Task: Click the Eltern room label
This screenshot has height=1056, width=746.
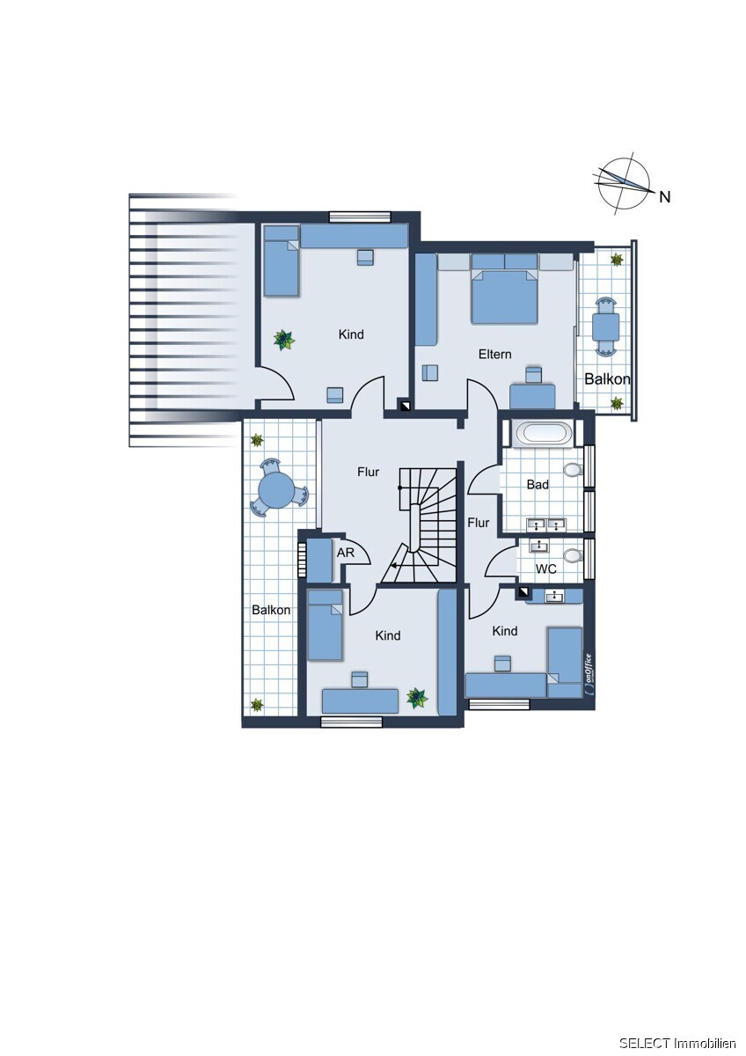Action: [494, 354]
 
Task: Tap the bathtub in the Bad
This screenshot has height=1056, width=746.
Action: [544, 433]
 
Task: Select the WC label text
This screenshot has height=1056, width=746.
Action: [545, 568]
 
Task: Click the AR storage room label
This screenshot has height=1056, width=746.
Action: [345, 553]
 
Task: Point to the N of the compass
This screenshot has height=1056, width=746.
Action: [664, 197]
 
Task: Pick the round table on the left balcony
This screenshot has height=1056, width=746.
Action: [277, 489]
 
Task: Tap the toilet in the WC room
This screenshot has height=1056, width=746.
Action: [572, 556]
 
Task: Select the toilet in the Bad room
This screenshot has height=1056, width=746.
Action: [572, 470]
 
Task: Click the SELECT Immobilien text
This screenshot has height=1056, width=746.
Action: [677, 1043]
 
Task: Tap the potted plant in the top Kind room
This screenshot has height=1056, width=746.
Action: [284, 340]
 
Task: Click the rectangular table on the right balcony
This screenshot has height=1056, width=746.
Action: [605, 326]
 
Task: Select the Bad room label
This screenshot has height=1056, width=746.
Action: [538, 484]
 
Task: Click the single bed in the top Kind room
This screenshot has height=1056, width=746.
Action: [282, 260]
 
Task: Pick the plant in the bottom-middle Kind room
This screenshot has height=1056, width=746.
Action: [417, 697]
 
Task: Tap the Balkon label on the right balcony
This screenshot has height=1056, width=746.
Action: [607, 378]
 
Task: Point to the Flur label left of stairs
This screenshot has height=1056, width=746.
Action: [368, 472]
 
